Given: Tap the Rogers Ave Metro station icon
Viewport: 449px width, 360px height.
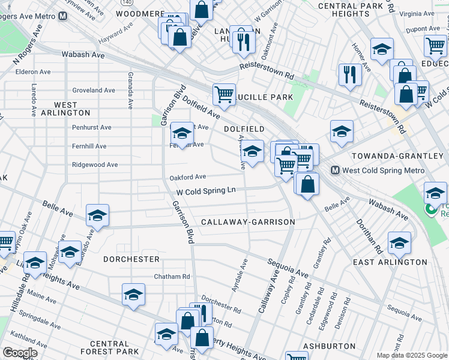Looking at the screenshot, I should pyautogui.click(x=62, y=16).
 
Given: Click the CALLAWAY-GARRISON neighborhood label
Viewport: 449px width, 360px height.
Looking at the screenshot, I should pyautogui.click(x=248, y=222).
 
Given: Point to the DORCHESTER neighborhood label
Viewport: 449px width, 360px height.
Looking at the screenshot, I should pyautogui.click(x=131, y=259).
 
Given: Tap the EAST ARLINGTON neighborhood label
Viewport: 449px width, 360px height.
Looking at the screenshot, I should pyautogui.click(x=390, y=262).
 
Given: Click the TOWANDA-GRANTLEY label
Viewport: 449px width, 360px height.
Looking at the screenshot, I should pyautogui.click(x=397, y=156).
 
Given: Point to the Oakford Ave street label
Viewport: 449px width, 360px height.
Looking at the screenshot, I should pyautogui.click(x=187, y=177).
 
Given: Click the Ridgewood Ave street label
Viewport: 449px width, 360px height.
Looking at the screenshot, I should pyautogui.click(x=95, y=164).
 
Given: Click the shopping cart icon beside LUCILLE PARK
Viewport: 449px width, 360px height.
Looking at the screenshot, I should pyautogui.click(x=224, y=94).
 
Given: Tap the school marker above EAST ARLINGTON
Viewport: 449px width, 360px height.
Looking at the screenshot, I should pyautogui.click(x=399, y=242).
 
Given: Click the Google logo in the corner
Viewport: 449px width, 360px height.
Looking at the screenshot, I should pyautogui.click(x=20, y=353).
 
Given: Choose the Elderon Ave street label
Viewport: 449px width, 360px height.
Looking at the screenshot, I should pyautogui.click(x=33, y=72).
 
